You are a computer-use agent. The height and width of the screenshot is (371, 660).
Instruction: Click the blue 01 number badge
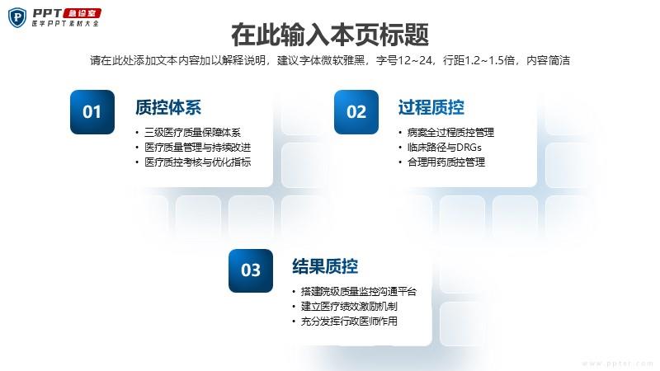92,112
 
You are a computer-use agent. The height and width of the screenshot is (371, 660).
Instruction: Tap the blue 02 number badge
356,112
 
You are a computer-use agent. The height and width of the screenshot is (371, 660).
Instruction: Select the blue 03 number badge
251,270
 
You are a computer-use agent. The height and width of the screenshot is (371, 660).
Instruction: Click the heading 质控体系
168,108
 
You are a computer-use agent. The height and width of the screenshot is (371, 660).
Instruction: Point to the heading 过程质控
431,108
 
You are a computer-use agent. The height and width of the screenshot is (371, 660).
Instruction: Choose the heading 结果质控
325,266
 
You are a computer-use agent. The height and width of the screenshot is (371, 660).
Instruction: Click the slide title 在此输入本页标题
330,35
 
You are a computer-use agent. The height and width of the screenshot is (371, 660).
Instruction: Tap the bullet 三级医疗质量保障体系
192,133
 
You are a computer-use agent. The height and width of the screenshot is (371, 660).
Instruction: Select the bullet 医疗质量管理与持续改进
197,148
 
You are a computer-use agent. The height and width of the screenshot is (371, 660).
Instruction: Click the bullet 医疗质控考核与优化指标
197,162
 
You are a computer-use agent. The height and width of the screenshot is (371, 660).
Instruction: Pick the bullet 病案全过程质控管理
450,133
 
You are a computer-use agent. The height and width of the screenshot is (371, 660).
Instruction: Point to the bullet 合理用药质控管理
445,162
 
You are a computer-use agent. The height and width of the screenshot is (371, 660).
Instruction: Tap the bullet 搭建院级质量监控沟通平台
358,292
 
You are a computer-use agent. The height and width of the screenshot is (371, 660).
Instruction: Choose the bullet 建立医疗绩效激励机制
349,306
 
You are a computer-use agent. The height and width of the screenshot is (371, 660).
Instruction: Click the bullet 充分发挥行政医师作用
349,322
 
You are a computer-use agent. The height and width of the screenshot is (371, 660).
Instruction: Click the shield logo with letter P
17,17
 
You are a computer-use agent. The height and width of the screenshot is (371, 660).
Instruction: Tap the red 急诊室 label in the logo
82,13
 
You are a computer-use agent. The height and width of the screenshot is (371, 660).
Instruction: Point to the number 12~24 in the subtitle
415,60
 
